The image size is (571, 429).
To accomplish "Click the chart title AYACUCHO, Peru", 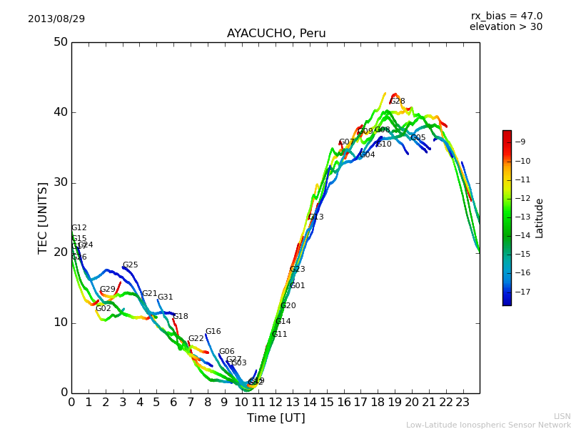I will [276, 34].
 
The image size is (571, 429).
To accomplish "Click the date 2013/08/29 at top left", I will [56, 19].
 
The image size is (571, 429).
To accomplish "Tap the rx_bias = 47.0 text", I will [506, 16].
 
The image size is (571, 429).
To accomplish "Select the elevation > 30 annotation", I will [505, 27].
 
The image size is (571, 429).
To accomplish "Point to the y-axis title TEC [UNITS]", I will [43, 217].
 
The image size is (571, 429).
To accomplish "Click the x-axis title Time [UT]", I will [276, 418].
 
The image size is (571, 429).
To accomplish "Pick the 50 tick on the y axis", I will [60, 42].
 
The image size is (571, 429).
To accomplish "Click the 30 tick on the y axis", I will [60, 182].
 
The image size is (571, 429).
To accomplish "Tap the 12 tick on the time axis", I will [276, 403].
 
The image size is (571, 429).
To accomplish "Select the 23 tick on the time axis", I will [463, 403].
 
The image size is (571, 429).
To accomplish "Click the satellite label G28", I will [398, 102].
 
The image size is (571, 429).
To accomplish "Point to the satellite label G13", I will [316, 217].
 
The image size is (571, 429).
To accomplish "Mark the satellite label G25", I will [131, 265].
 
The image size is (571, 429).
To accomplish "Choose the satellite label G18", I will [181, 317].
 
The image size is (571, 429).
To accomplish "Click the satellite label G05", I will [418, 138].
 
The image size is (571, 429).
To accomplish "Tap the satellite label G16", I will [213, 332].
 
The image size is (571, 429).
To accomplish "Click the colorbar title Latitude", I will [540, 218].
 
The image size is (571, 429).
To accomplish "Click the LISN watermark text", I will [562, 416].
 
